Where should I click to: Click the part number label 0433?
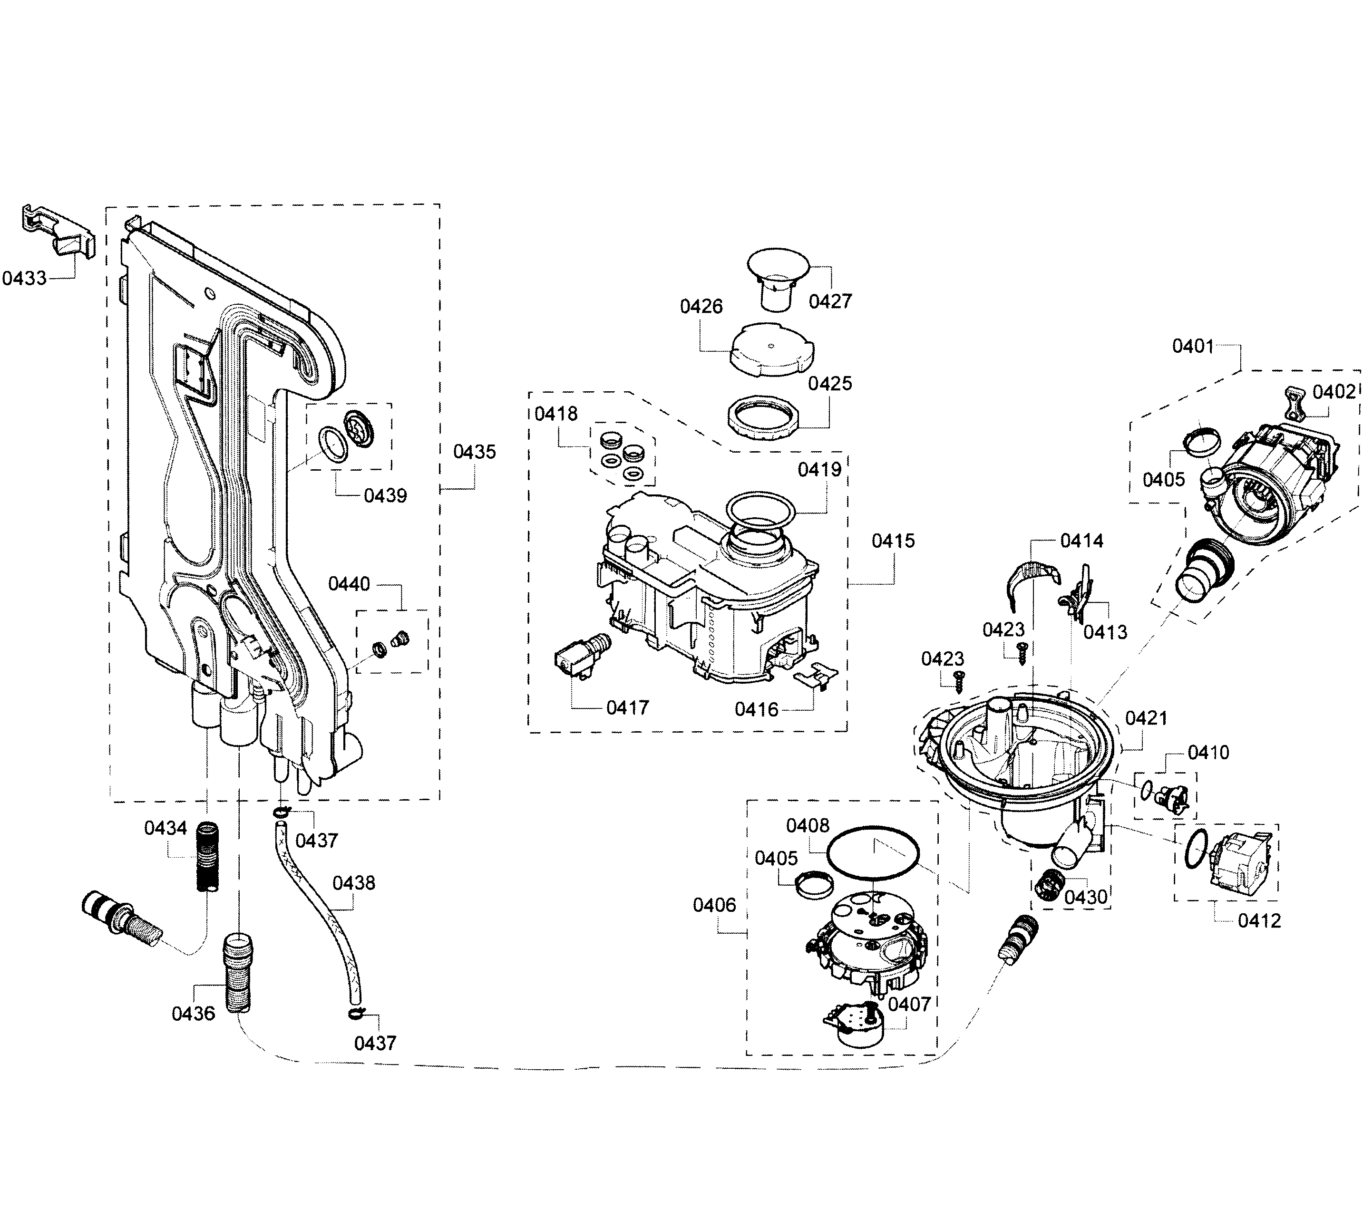tap(25, 279)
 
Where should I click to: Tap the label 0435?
tap(474, 452)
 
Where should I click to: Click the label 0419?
tap(819, 469)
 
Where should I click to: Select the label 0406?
tap(714, 905)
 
